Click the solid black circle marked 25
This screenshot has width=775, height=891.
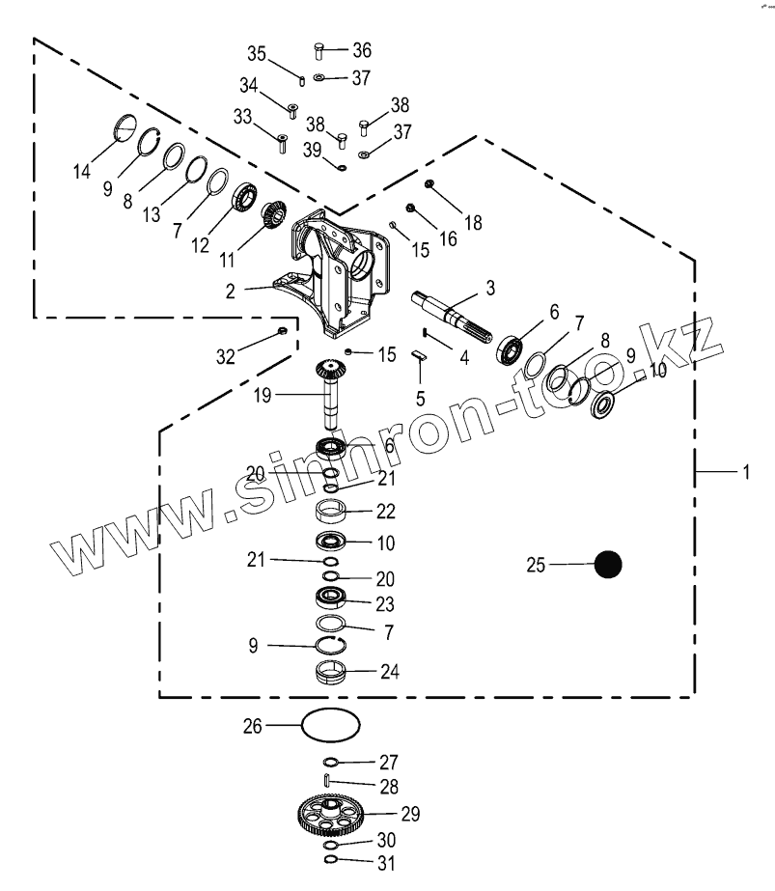pos(607,565)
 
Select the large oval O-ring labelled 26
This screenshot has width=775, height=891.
pos(331,724)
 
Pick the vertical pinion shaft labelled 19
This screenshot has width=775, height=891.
pos(331,390)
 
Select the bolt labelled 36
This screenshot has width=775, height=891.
pos(319,50)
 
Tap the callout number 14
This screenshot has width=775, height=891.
pos(81,172)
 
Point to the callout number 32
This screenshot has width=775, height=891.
pos(225,357)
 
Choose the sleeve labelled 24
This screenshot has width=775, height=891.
pos(331,670)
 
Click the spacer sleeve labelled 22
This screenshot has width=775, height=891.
pos(331,510)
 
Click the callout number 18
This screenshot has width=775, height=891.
pos(472,222)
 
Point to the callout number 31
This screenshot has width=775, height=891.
pos(386,863)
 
